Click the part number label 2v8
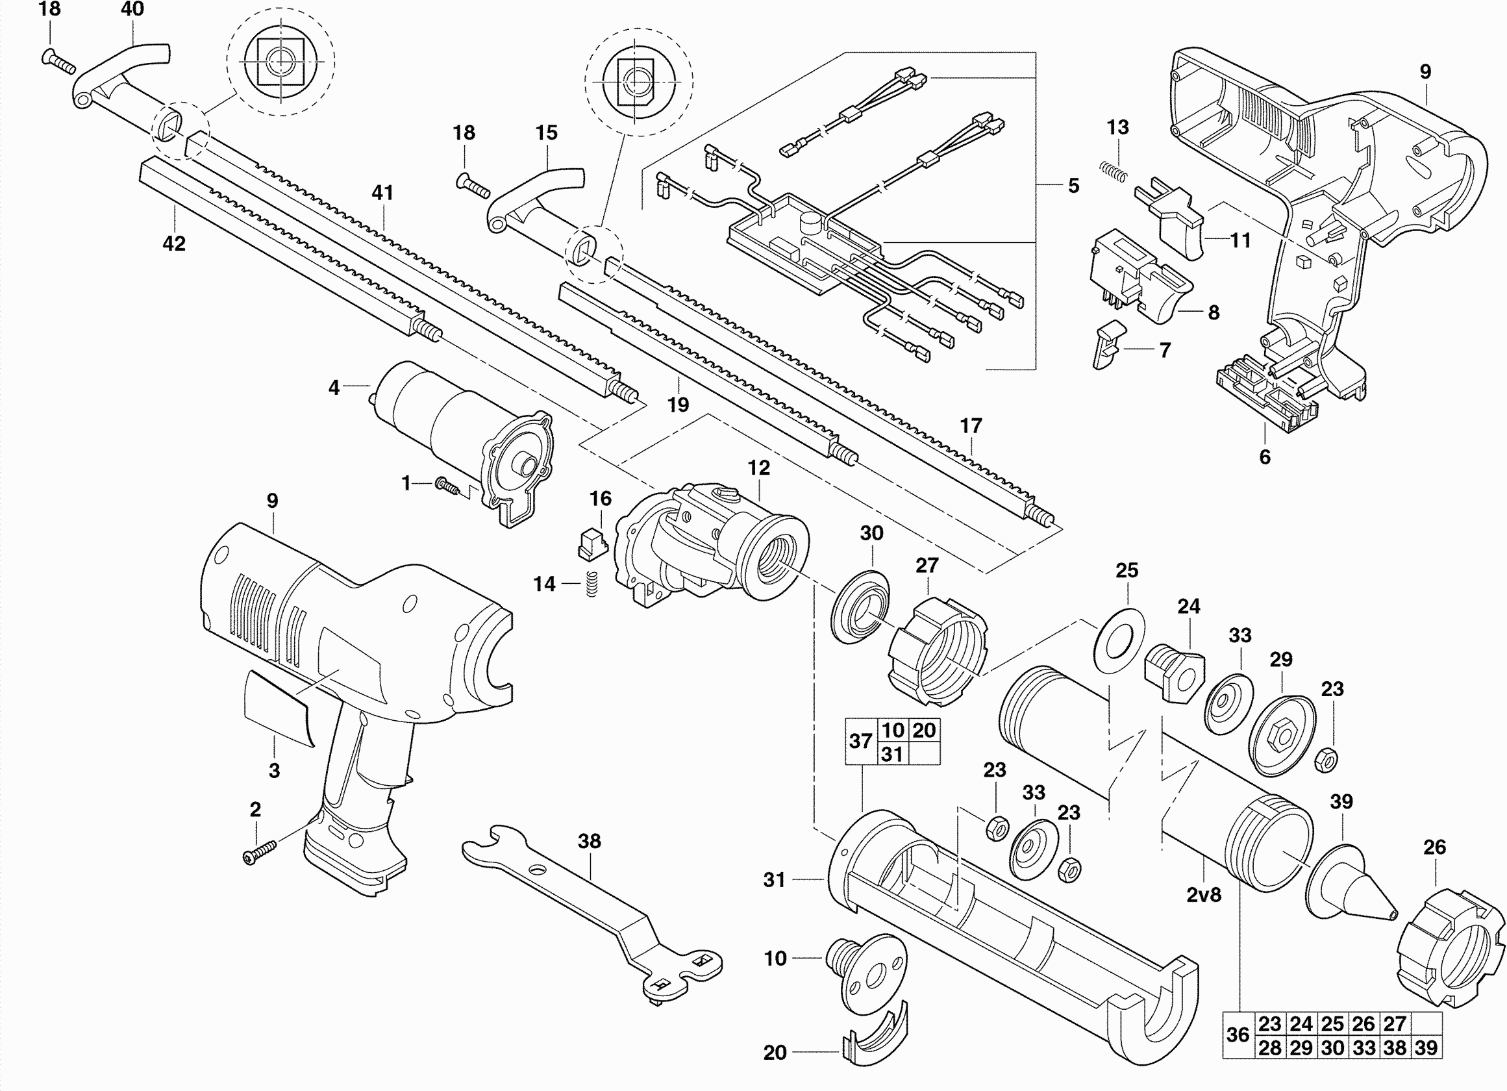[1203, 895]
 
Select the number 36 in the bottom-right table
[1238, 1035]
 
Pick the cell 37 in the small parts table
[860, 741]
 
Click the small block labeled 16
[592, 545]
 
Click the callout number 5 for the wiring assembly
[1074, 186]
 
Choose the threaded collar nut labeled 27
[938, 651]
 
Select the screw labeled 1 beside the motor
[448, 486]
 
